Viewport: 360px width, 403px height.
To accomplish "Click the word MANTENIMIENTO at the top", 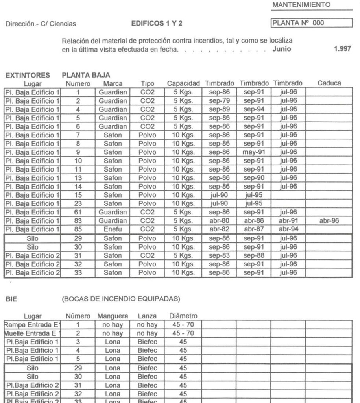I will (x=301, y=4).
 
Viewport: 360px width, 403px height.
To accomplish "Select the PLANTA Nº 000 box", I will (x=311, y=23).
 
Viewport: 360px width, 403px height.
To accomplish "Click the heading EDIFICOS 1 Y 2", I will (x=157, y=24).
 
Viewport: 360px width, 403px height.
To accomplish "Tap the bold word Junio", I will (x=281, y=49).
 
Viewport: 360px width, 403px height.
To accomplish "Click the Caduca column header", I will (x=329, y=83).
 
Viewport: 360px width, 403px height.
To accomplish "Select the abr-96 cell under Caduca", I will (x=329, y=221).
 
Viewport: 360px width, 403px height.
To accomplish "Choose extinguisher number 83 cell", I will (x=78, y=221).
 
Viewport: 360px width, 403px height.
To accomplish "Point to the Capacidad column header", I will (x=184, y=83).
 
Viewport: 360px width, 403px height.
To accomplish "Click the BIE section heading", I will (x=10, y=299).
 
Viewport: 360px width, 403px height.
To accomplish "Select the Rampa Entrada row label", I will (x=31, y=325).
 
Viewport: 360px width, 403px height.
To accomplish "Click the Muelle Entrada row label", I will (x=31, y=333).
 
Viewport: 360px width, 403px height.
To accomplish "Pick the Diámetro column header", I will (x=183, y=316).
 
